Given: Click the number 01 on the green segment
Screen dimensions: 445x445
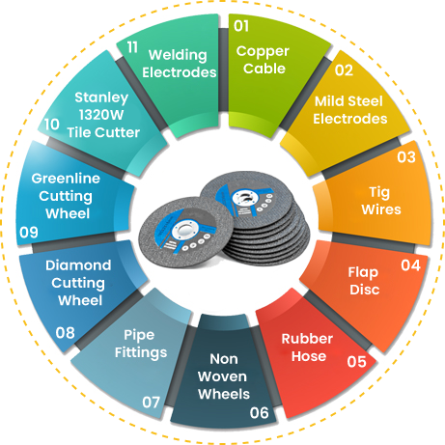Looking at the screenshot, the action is coord(241,26).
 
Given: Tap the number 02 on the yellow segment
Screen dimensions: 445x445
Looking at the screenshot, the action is coord(344,70).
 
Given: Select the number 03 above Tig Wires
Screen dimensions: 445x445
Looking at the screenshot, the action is coord(406,157).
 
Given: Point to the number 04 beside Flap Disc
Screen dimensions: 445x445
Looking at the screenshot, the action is coord(410,265).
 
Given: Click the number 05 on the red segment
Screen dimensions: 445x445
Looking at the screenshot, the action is coord(356,362).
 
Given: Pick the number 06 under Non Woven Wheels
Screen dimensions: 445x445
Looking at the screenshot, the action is coord(259,413).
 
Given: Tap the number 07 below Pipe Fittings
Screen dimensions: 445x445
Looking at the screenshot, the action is coord(151,403).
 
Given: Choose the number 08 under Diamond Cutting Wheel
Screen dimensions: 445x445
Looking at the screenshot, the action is coord(65,333).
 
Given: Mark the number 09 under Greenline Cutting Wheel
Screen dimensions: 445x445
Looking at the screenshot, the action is coord(29,233).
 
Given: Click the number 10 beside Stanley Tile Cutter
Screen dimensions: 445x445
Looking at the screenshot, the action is coord(52,125).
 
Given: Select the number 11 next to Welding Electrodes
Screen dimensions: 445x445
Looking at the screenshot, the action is coord(132,47).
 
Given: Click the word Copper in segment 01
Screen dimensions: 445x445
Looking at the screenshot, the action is coord(263,51).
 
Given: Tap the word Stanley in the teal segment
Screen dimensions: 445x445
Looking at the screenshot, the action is coord(101,97).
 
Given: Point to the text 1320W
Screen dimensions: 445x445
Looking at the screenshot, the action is coord(101,115).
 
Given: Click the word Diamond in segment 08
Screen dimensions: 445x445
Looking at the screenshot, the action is coord(78,265).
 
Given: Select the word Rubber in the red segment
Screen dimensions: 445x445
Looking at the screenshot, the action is coord(307,339).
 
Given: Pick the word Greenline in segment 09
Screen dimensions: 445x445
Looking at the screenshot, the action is coord(66,179).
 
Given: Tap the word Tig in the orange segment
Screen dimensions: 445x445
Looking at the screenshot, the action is coord(379,193).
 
